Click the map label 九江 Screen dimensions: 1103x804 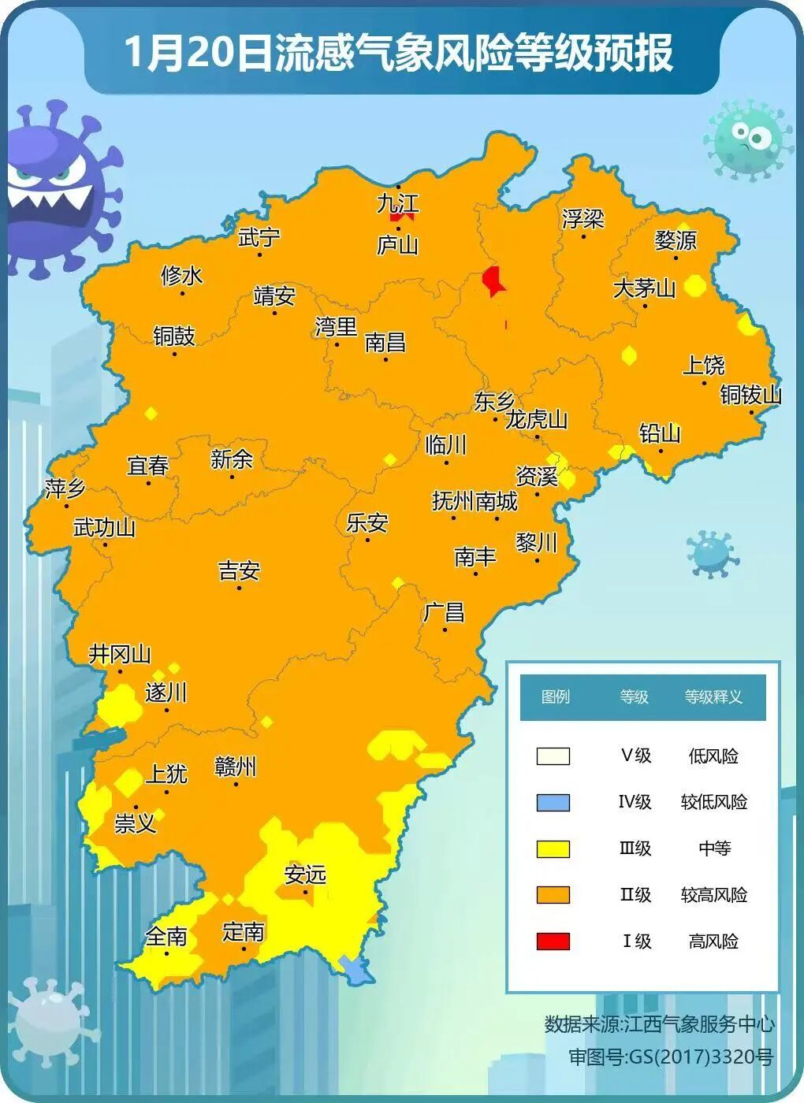tap(397, 203)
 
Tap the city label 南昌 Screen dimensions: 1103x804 tap(385, 342)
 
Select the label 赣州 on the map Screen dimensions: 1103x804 tap(235, 767)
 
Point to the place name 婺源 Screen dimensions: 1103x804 tap(676, 240)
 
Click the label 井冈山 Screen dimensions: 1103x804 tap(120, 654)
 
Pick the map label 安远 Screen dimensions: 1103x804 tap(305, 875)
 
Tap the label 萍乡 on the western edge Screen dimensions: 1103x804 tap(65, 488)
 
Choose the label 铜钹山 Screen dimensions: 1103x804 tap(750, 394)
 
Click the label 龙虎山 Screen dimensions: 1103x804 tap(536, 419)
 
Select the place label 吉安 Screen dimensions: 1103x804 tap(239, 570)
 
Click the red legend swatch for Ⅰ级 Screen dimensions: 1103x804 tap(553, 941)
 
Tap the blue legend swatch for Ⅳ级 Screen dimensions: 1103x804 tap(553, 802)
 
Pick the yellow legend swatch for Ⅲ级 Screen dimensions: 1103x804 tap(553, 849)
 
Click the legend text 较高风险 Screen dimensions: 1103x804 tap(713, 895)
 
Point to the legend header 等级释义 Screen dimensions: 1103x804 tap(713, 696)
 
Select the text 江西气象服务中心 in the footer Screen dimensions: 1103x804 tap(698, 1024)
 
